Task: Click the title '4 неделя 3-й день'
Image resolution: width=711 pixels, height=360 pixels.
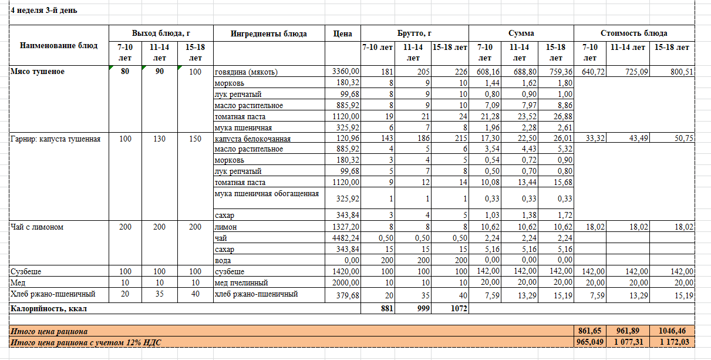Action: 44,11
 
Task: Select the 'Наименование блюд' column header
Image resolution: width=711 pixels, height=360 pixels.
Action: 59,45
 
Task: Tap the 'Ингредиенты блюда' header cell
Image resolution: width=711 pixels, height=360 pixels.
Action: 269,33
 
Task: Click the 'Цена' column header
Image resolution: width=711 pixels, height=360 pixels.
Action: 342,33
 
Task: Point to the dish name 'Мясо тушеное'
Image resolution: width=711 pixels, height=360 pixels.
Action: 38,72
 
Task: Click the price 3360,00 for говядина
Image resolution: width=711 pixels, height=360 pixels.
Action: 345,72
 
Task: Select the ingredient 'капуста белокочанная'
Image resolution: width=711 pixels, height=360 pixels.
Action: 253,139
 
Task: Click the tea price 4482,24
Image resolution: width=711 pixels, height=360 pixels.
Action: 345,238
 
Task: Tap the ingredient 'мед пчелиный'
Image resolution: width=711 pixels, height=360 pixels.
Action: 241,282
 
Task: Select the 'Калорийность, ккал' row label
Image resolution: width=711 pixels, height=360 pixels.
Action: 52,308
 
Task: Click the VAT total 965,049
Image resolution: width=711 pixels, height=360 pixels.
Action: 589,342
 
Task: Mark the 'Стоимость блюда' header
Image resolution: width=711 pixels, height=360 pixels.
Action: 634,33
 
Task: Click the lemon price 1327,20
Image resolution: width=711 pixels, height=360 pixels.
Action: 345,227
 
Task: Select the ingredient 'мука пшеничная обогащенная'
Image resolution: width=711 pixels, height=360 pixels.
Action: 267,193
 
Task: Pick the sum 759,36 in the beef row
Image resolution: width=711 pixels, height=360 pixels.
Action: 555,72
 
